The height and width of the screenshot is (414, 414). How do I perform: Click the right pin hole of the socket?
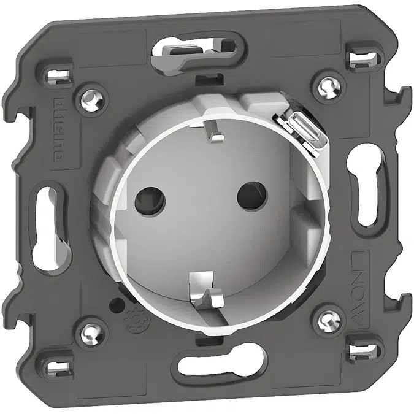pos(247,196)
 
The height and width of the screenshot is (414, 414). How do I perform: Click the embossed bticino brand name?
pos(61,128)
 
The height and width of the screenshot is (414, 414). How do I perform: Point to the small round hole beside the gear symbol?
pos(112,305)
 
